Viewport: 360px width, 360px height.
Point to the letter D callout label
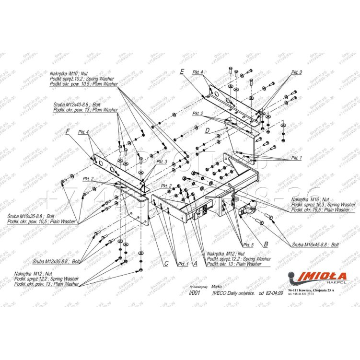[x=207, y=130]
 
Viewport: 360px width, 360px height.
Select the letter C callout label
[x=166, y=263]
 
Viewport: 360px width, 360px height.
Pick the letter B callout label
[x=266, y=244]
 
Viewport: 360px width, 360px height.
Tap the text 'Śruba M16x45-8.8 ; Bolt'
[x=315, y=244]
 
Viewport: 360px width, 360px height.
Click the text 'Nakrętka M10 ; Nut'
[x=70, y=74]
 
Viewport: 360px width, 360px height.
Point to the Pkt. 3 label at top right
[x=297, y=72]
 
